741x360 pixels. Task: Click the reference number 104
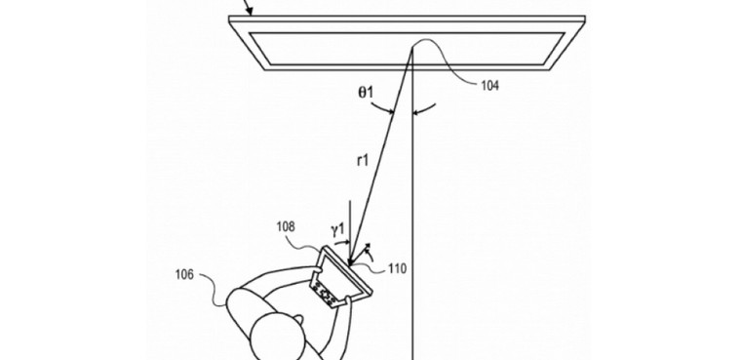pyautogui.click(x=489, y=86)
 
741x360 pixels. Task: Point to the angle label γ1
pyautogui.click(x=337, y=229)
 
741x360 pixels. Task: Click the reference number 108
pyautogui.click(x=286, y=227)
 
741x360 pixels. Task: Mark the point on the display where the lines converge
pyautogui.click(x=412, y=45)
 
